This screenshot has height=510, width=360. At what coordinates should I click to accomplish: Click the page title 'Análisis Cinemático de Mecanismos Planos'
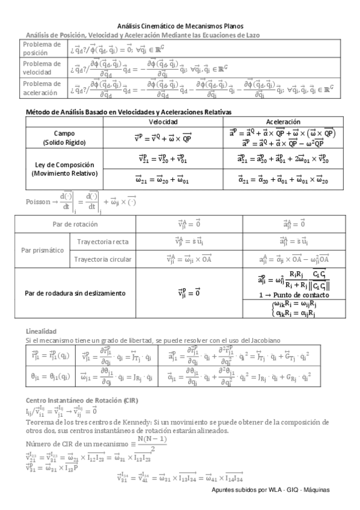tap(180, 26)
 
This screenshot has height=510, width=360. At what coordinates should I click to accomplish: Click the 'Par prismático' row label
tap(43, 250)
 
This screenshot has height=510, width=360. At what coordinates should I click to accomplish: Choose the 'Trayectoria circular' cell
tap(103, 259)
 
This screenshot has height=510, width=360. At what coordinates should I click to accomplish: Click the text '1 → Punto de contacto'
tap(290, 296)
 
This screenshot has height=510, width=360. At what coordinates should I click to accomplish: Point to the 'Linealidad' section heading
tap(41, 331)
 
